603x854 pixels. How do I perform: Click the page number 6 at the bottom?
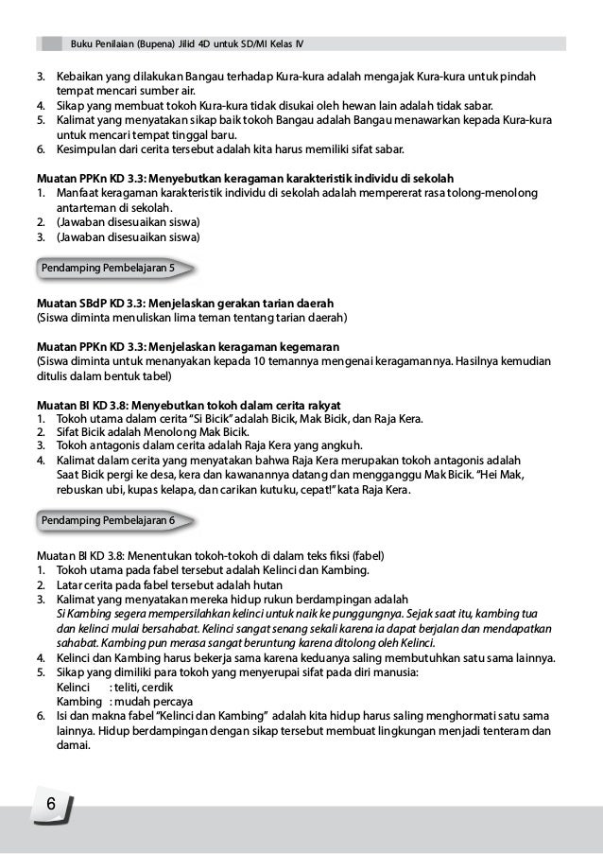(50, 804)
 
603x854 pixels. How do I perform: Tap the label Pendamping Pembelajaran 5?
(107, 269)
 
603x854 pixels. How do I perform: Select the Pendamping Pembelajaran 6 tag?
(107, 521)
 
